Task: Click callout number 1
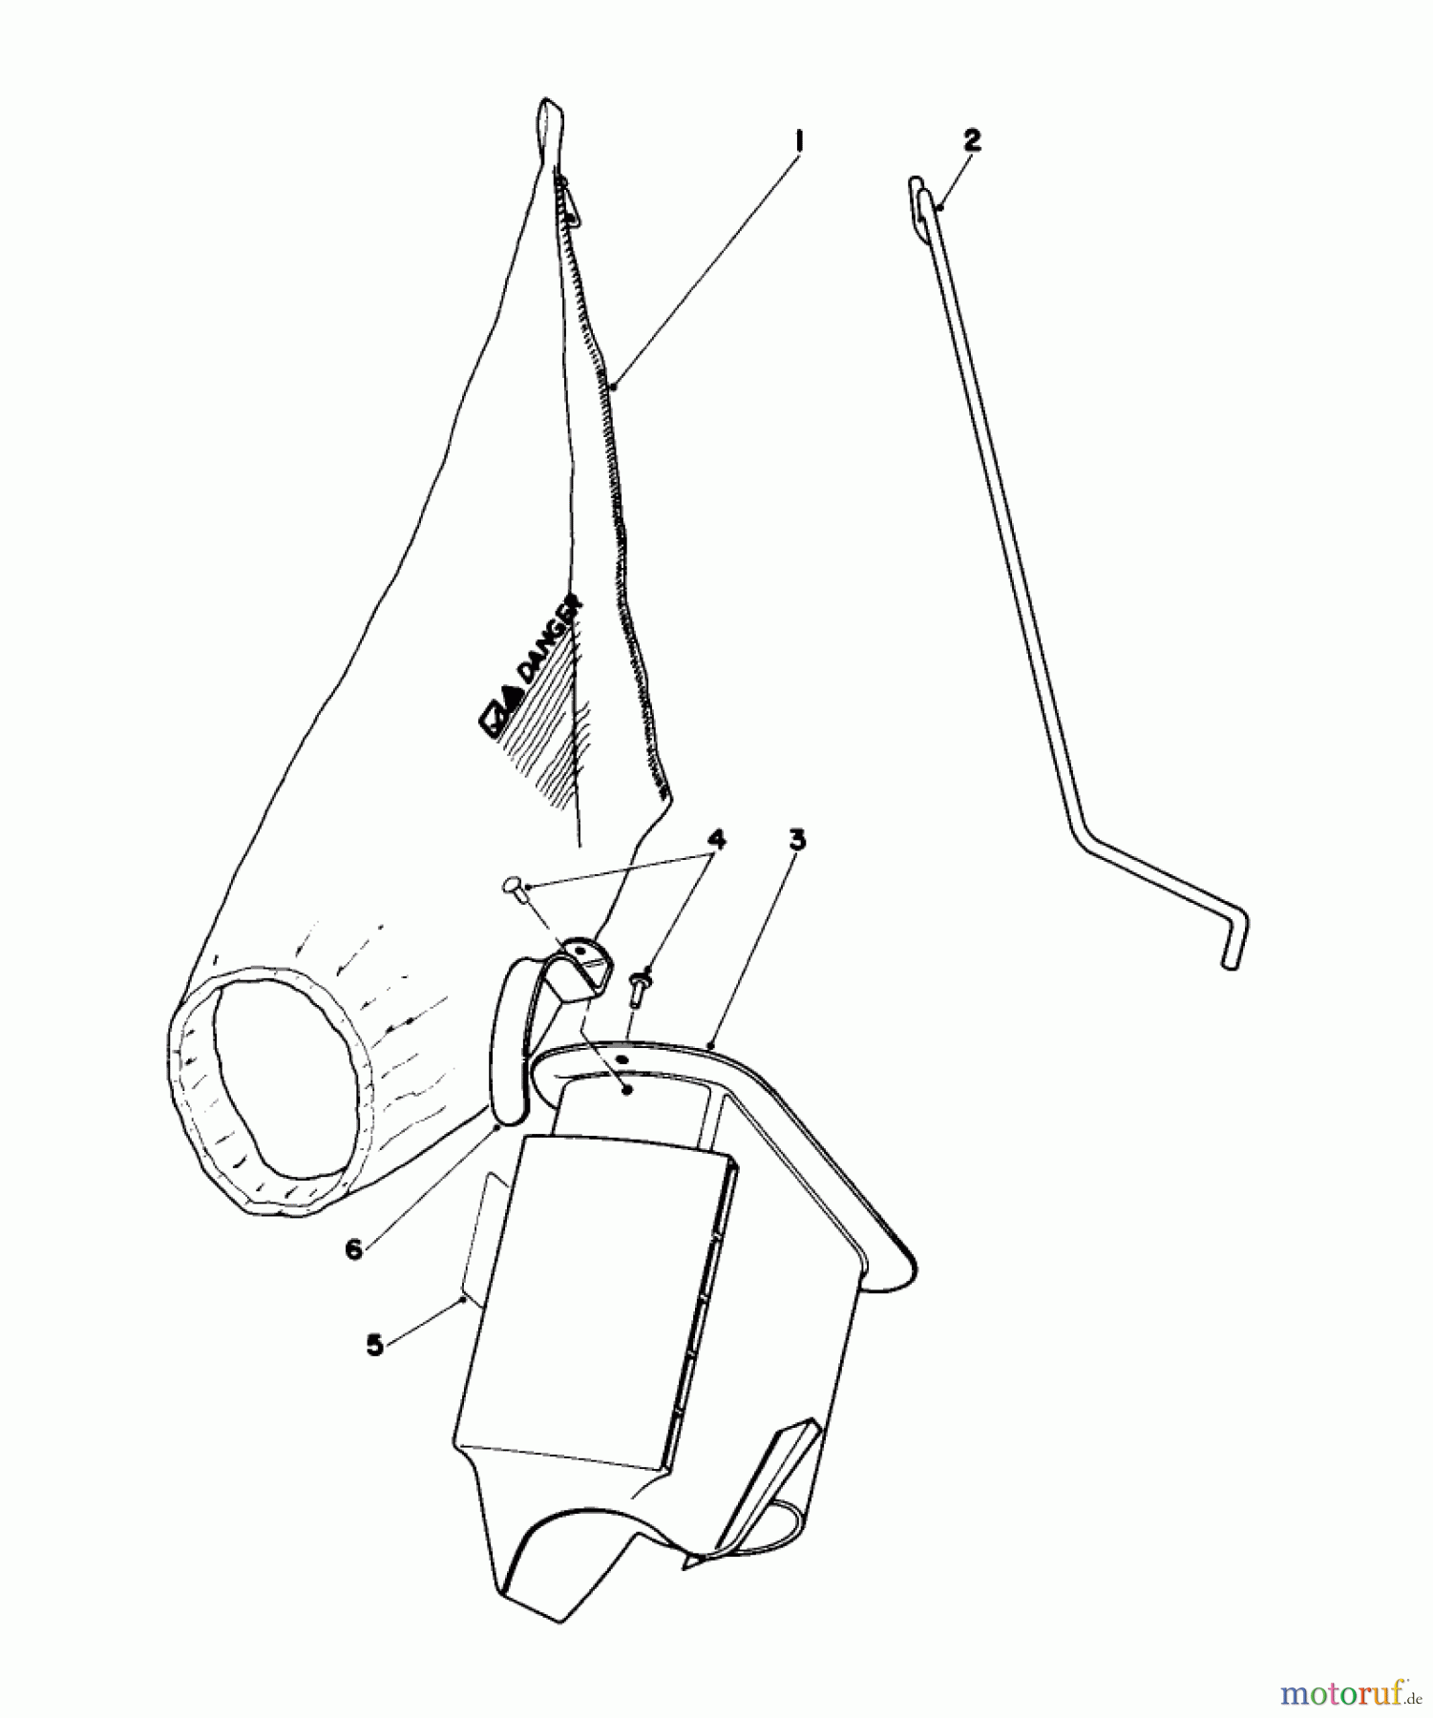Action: pos(799,142)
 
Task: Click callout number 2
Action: pos(971,140)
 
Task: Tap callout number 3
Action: pos(797,840)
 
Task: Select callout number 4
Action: pos(716,839)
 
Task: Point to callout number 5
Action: pos(374,1345)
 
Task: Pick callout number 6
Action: pos(354,1249)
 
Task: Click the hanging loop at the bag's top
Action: pos(549,124)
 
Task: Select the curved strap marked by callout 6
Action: pos(506,1040)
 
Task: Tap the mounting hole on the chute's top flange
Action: pos(622,1058)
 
